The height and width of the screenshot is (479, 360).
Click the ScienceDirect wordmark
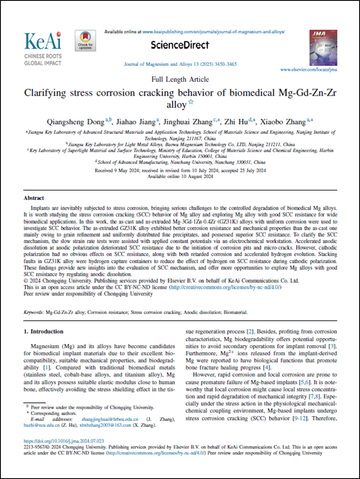pos(180,45)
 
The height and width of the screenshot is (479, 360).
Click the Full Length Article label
pos(180,79)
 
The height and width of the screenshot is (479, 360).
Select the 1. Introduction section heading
pos(43,332)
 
